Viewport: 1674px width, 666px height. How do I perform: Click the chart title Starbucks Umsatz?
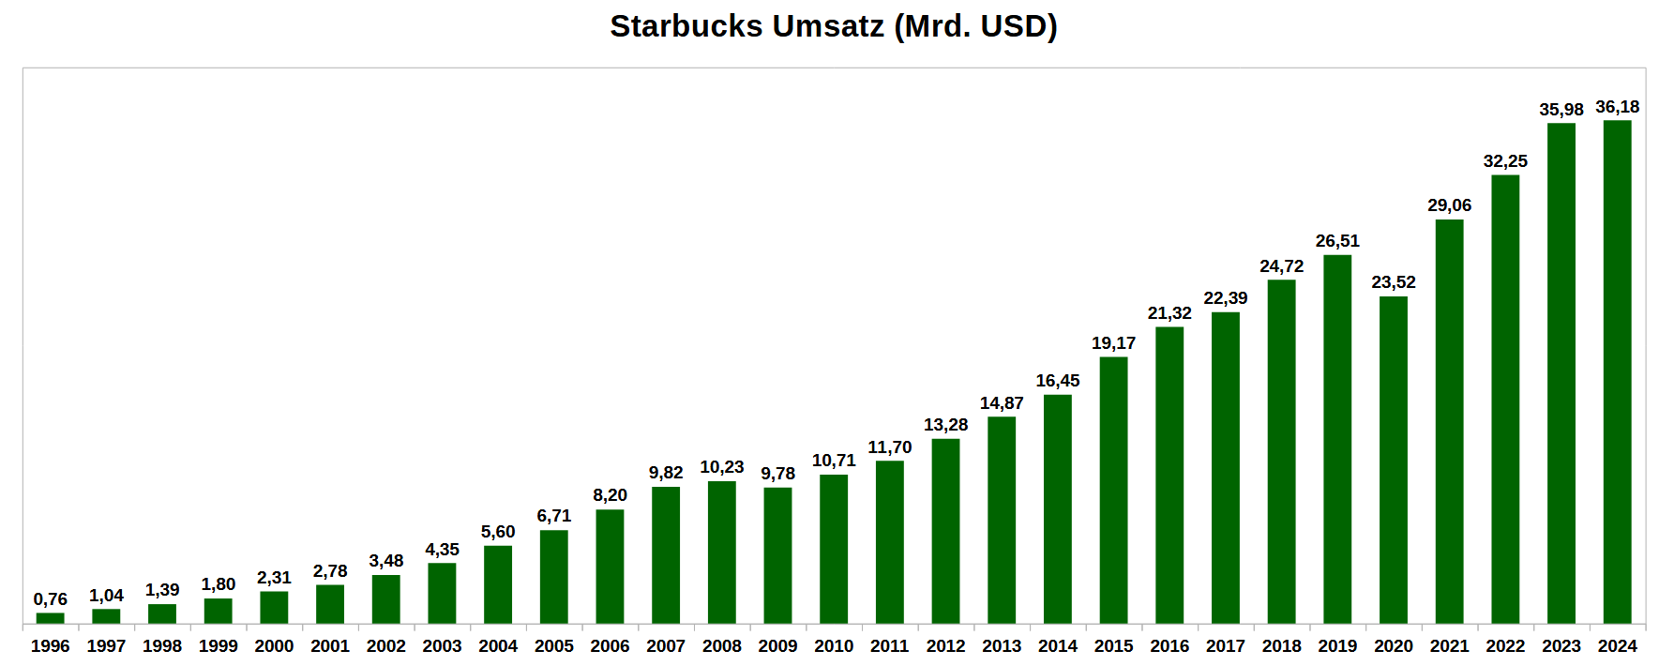pos(833,26)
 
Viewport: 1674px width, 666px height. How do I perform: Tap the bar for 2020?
pos(1394,460)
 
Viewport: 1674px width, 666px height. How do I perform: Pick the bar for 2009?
pos(777,555)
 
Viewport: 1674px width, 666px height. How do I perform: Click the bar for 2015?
pos(1113,490)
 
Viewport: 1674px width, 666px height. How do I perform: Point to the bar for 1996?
pos(51,618)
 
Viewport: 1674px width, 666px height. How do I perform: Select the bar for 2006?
pos(610,567)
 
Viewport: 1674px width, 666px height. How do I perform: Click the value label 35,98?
pos(1561,110)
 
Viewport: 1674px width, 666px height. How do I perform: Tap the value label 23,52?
pos(1394,282)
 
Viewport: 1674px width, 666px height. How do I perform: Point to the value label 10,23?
pos(722,467)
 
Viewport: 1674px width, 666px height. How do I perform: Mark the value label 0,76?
pos(51,599)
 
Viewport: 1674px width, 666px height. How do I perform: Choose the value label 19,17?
pos(1113,343)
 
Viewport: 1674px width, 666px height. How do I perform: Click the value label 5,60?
pos(498,532)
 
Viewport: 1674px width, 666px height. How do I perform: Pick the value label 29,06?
pos(1450,205)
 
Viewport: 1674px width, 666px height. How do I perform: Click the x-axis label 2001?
pos(330,646)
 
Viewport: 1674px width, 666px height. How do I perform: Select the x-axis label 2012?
pos(945,646)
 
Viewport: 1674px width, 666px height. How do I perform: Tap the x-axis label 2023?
pos(1561,646)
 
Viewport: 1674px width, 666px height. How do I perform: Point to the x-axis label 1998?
pos(162,646)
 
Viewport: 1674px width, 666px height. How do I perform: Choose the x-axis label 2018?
pos(1281,646)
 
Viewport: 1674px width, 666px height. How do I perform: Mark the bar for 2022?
pos(1505,399)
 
